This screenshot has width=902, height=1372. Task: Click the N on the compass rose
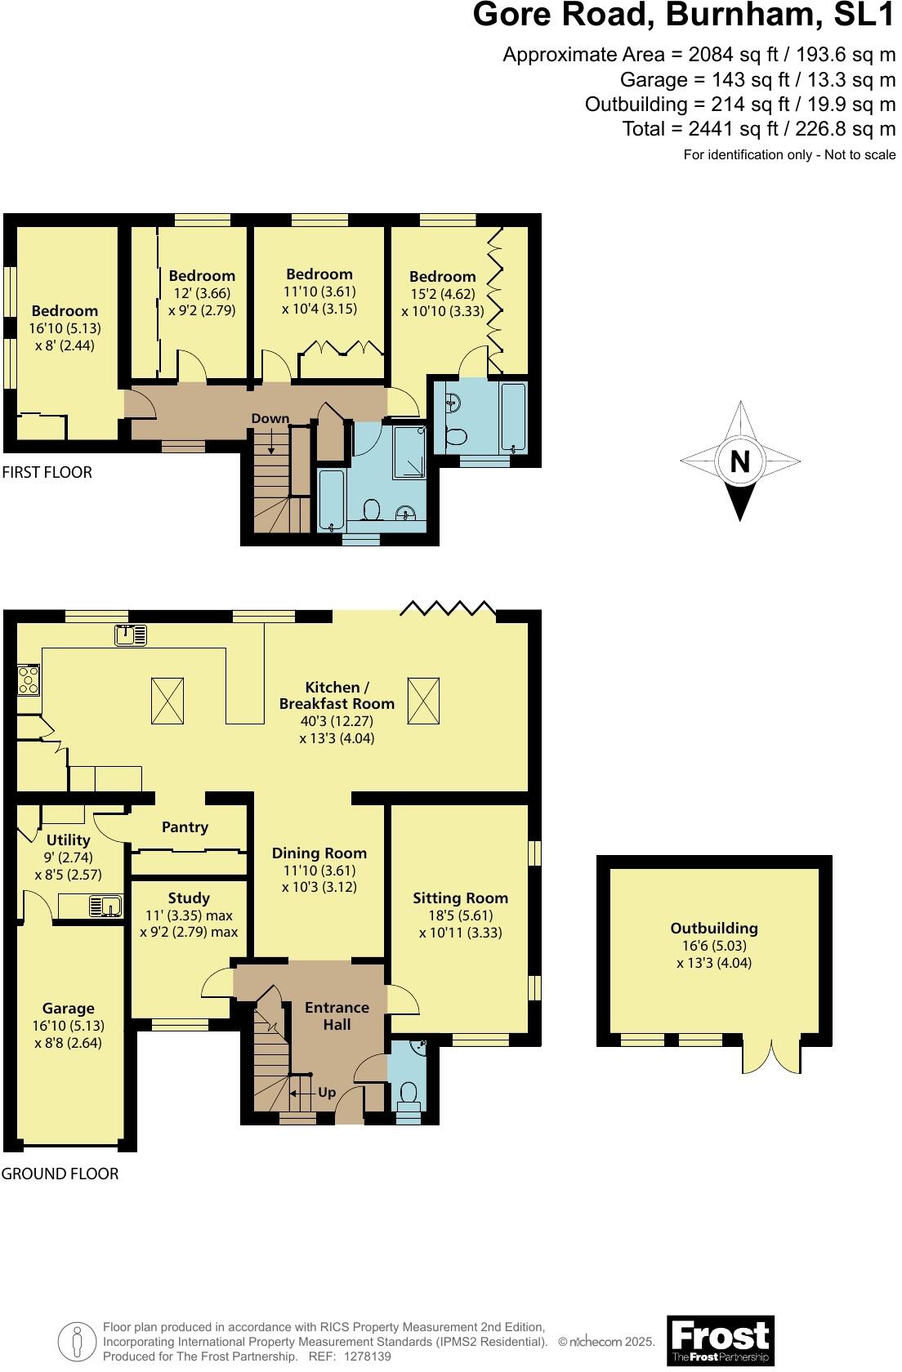click(739, 462)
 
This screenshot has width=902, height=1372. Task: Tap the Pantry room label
click(185, 827)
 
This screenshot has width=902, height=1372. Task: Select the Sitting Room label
click(460, 898)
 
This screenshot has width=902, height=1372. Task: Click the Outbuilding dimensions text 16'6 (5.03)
click(714, 946)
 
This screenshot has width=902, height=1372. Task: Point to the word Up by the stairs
click(327, 1092)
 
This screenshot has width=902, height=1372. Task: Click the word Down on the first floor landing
click(270, 418)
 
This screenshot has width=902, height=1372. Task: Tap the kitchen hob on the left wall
click(28, 679)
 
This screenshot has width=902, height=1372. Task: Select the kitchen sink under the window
click(131, 635)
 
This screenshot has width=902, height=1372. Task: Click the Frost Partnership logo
click(721, 1341)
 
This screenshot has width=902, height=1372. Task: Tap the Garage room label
click(69, 1009)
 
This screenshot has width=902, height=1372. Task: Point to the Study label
click(189, 898)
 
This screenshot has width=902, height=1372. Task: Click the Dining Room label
click(319, 853)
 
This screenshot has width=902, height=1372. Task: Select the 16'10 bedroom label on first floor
click(65, 311)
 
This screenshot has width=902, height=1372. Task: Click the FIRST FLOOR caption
click(47, 472)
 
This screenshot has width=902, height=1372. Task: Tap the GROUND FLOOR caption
click(60, 1174)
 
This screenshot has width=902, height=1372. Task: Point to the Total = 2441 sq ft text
click(758, 129)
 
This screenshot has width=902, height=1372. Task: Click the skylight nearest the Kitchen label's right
click(422, 701)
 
